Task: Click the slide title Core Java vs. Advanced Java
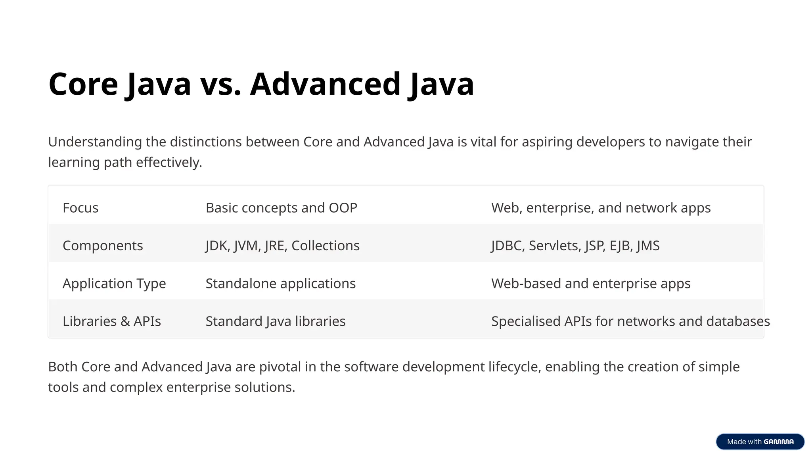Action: click(261, 84)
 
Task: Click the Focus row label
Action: click(80, 208)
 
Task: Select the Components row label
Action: click(103, 246)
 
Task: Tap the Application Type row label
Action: click(114, 284)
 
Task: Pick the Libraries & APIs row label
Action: click(112, 321)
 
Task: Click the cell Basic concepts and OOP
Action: click(282, 208)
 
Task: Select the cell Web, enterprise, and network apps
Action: click(601, 208)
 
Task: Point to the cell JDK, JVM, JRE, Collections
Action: click(283, 246)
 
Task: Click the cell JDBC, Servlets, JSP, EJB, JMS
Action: click(575, 246)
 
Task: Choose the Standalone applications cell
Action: click(281, 284)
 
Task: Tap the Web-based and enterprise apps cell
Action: click(591, 284)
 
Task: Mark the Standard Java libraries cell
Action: click(276, 321)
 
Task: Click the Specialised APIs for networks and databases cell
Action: click(630, 321)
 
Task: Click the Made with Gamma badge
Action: click(760, 442)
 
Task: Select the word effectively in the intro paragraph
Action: click(169, 163)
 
